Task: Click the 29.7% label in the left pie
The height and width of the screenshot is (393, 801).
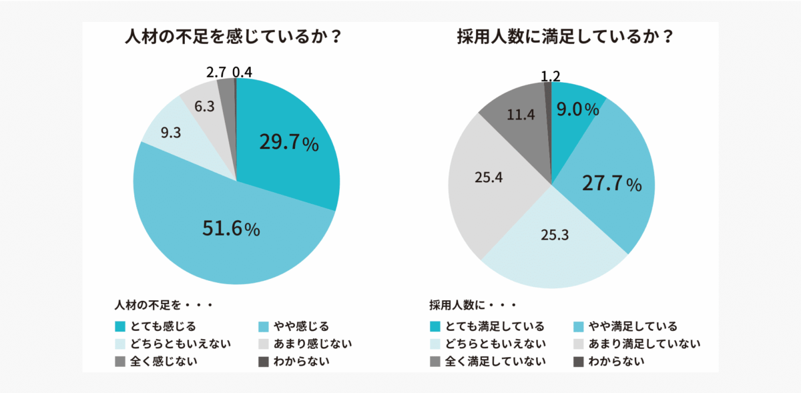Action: [288, 143]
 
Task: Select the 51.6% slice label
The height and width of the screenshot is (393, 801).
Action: [231, 229]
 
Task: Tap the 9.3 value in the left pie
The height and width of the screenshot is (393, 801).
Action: [170, 133]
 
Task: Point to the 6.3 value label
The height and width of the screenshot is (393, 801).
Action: [204, 105]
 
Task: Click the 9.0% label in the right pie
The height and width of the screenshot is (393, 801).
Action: [577, 109]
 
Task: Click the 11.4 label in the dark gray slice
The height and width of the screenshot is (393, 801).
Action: [521, 115]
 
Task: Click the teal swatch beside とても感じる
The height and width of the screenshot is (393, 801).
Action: [120, 326]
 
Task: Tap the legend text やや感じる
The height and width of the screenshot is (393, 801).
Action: [302, 326]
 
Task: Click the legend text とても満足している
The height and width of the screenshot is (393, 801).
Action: [496, 326]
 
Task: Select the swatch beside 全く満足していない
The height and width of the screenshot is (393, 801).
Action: [435, 362]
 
